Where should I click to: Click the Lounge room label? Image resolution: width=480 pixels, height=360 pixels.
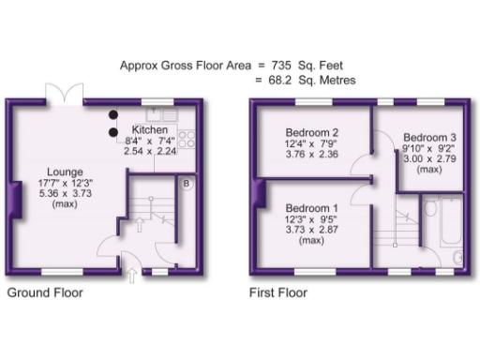point(68,172)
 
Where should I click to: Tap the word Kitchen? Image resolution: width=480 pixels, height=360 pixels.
point(150,129)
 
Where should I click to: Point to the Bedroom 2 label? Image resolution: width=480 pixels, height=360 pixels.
point(313,132)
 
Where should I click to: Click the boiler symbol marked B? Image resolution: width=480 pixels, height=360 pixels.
point(187,184)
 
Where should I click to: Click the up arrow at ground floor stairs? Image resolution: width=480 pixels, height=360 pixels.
point(139,223)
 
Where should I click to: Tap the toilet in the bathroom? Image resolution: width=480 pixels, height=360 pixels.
point(457,255)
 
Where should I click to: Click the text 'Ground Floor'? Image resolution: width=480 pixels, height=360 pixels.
point(45,292)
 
